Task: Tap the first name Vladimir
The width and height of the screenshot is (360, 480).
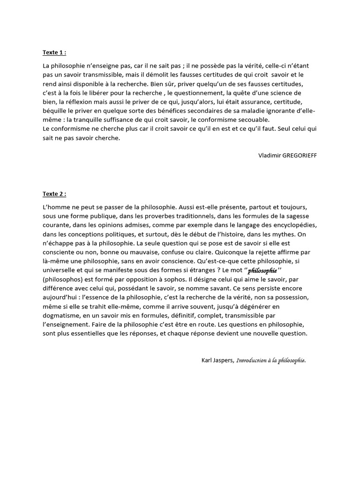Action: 269,155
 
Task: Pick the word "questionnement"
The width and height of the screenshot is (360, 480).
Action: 195,93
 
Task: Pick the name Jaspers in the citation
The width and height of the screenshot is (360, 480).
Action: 223,360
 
